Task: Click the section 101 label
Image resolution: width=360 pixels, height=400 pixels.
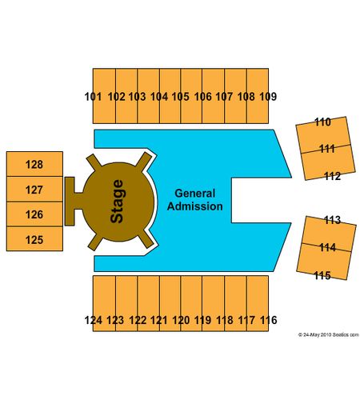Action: pyautogui.click(x=93, y=97)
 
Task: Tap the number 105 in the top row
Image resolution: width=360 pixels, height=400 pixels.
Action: pyautogui.click(x=180, y=97)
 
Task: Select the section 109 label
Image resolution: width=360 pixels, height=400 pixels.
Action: pyautogui.click(x=268, y=97)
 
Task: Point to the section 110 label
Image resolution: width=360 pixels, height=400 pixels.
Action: pyautogui.click(x=322, y=122)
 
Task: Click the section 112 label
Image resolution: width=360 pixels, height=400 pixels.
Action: pyautogui.click(x=332, y=176)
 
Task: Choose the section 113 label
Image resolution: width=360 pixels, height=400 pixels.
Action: pyautogui.click(x=332, y=220)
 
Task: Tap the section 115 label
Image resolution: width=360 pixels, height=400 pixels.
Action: pyautogui.click(x=322, y=275)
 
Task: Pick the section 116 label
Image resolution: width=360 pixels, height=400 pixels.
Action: pyautogui.click(x=269, y=320)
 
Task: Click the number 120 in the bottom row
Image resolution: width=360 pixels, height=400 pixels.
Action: pyautogui.click(x=181, y=320)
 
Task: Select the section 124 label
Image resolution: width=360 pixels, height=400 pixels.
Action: pyautogui.click(x=94, y=320)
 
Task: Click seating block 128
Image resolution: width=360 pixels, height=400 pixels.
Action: pyautogui.click(x=34, y=164)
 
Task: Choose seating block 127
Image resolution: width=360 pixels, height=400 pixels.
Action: pyautogui.click(x=34, y=189)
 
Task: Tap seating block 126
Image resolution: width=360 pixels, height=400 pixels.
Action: pyautogui.click(x=34, y=214)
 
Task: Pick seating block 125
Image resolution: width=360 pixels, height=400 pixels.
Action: pyautogui.click(x=34, y=239)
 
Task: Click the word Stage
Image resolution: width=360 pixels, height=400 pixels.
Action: pyautogui.click(x=117, y=202)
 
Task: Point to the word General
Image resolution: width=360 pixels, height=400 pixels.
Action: pyautogui.click(x=195, y=194)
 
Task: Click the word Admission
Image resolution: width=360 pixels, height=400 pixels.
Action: pyautogui.click(x=195, y=206)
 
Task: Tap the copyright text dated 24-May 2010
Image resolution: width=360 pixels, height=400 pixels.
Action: pyautogui.click(x=329, y=334)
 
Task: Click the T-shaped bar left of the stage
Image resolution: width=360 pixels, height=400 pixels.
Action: pyautogui.click(x=70, y=202)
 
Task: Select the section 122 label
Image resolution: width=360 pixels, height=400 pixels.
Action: pyautogui.click(x=138, y=320)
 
